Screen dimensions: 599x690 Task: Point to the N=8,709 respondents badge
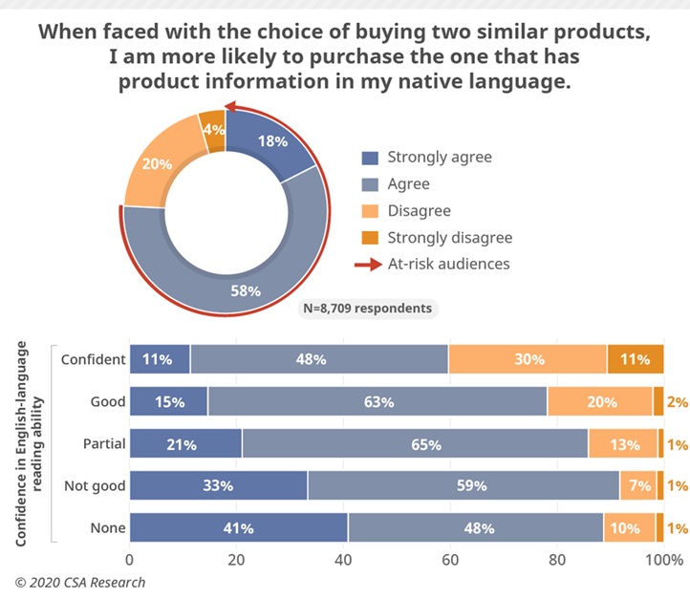tap(368, 309)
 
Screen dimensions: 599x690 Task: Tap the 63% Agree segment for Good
tap(378, 402)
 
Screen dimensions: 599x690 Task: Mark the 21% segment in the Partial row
tap(185, 444)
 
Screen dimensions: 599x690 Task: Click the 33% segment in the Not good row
tap(218, 486)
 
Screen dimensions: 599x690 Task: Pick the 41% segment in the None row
tap(238, 528)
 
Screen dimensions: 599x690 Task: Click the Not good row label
tap(94, 486)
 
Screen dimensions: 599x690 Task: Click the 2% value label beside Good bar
tap(678, 402)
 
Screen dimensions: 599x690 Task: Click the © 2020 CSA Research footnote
tap(80, 582)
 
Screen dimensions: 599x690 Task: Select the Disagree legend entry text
tap(419, 211)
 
